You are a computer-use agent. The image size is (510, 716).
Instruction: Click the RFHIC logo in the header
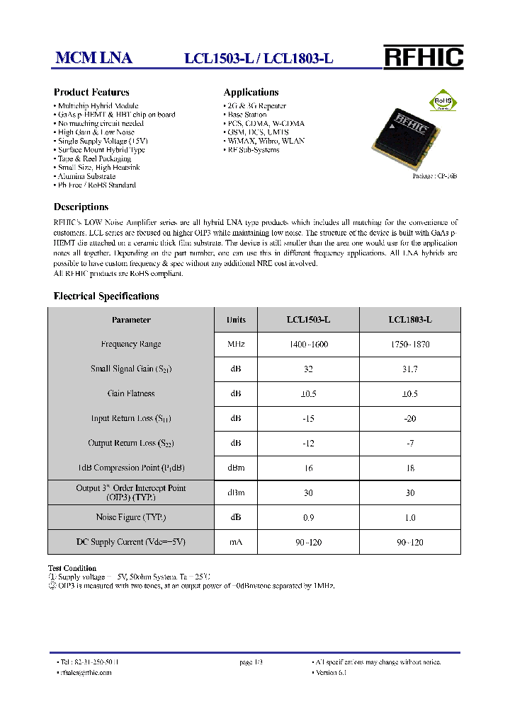tap(423, 57)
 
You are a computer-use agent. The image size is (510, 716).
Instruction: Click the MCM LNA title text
tap(93, 59)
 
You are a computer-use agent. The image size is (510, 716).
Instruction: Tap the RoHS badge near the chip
tap(442, 100)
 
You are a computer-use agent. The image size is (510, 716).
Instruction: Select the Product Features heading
tap(91, 92)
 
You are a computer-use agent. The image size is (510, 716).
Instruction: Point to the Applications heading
tap(251, 92)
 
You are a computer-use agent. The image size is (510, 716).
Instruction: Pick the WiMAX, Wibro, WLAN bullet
tap(266, 141)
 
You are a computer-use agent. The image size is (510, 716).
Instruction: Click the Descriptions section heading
tap(81, 207)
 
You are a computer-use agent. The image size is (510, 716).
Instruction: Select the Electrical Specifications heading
tap(106, 296)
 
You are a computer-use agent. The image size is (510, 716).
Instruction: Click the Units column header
tap(236, 320)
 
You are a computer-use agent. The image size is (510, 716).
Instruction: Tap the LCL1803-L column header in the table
tap(409, 320)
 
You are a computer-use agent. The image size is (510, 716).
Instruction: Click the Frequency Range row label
tap(131, 345)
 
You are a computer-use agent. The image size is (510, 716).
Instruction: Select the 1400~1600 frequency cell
tap(308, 345)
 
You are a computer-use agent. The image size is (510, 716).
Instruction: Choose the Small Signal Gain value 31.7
tap(409, 369)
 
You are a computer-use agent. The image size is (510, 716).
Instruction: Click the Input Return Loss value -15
tap(308, 419)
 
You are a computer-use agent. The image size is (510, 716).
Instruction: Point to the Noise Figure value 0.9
tap(308, 518)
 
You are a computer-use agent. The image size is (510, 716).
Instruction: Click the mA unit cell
tap(236, 543)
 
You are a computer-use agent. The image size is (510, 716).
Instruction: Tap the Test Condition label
tap(72, 568)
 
